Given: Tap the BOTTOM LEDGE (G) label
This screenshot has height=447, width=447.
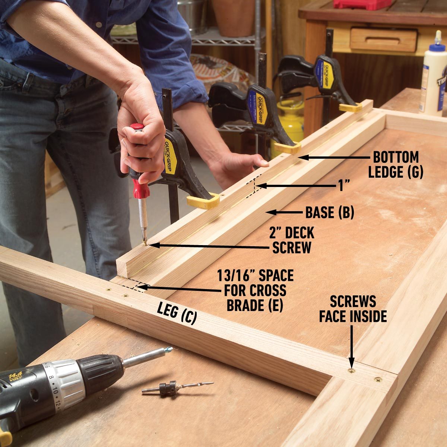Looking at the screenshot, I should (396, 164).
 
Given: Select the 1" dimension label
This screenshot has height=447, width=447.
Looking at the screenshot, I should (345, 186).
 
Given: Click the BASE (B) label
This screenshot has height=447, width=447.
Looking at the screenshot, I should (329, 212).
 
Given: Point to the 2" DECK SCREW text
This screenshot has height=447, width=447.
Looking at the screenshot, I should (292, 240).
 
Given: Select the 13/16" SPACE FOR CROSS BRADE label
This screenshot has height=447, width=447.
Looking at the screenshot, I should (256, 291).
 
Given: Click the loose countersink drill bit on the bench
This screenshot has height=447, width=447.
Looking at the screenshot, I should (175, 387).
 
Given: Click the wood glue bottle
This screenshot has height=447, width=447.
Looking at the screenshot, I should (433, 74).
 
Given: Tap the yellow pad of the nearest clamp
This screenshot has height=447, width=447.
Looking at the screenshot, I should (203, 201).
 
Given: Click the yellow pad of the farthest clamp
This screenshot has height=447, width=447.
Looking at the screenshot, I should (350, 108).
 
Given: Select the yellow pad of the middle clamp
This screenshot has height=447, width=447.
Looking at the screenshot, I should (287, 148).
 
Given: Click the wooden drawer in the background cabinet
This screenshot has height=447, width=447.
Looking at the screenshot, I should (383, 39).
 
